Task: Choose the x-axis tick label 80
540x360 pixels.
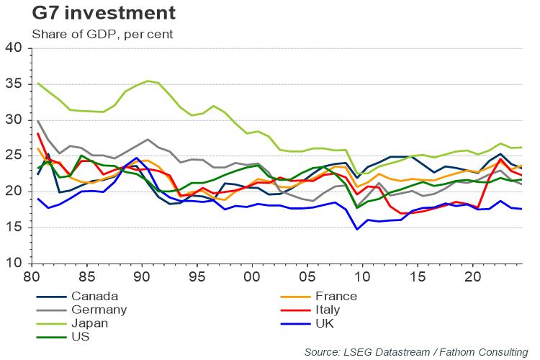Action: pos(32,276)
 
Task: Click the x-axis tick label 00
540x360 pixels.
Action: pos(252,276)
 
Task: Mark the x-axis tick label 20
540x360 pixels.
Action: pos(472,276)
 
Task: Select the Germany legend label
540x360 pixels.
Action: pos(98,310)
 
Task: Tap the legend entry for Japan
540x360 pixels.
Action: pos(89,323)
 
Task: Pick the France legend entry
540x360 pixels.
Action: pos(336,296)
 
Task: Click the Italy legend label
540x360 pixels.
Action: pos(328,310)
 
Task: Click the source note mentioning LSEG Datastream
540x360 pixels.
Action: pos(415,351)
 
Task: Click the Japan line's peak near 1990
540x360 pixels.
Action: pos(148,81)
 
